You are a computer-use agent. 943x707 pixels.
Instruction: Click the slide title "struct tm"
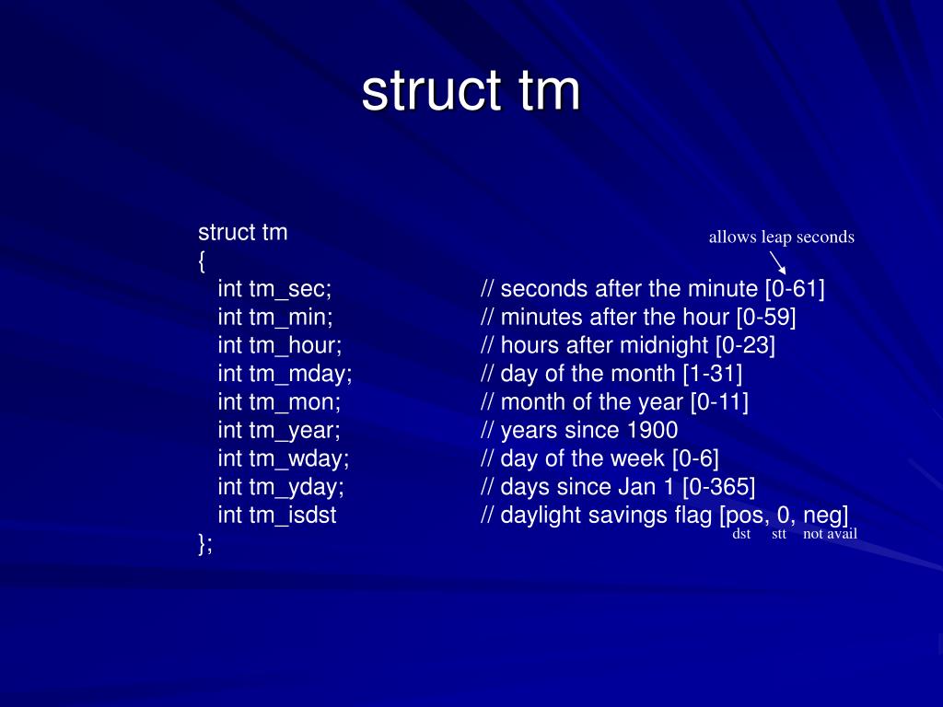click(471, 91)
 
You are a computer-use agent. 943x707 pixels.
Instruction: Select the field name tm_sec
click(288, 289)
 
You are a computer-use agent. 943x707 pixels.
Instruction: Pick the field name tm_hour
click(294, 346)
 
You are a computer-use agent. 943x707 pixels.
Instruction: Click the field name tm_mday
click(299, 374)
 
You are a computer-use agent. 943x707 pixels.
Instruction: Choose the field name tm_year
click(293, 431)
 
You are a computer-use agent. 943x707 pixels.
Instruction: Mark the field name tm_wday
click(297, 458)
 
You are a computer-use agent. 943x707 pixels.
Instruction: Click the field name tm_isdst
click(292, 516)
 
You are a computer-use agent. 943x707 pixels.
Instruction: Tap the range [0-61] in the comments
click(795, 289)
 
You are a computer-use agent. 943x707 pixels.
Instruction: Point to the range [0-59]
click(766, 318)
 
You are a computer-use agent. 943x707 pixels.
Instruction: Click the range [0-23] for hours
click(745, 346)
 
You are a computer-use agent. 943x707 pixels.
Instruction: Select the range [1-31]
click(712, 374)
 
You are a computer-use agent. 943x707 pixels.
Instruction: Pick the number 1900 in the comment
click(652, 431)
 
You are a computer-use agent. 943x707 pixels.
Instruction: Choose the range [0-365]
click(718, 487)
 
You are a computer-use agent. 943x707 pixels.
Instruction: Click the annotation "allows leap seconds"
click(781, 238)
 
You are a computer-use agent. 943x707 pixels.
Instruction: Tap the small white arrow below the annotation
click(777, 262)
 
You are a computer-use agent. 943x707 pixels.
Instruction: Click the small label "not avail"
click(830, 534)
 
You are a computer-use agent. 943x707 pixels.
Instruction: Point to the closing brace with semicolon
click(204, 544)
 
